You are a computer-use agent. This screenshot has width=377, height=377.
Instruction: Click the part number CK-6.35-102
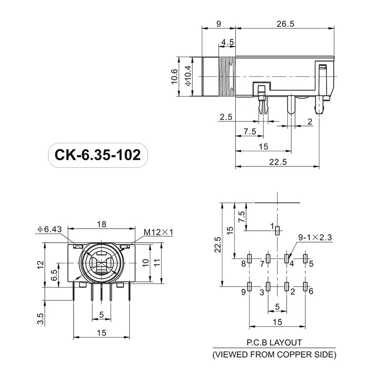(x=98, y=155)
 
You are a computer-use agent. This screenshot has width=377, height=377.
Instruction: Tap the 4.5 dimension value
(x=228, y=42)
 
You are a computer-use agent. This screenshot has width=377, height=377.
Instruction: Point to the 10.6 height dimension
(x=174, y=77)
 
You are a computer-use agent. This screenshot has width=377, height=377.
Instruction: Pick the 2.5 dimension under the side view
(x=226, y=117)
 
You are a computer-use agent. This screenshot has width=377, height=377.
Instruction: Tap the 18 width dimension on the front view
(x=102, y=224)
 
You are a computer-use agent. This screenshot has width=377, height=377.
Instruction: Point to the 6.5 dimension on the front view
(x=55, y=275)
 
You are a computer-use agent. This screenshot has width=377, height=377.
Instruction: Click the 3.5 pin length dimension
(x=41, y=319)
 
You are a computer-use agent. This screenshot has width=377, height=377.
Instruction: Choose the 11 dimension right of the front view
(x=158, y=262)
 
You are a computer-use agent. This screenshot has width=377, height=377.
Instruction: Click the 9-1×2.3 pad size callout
(x=315, y=238)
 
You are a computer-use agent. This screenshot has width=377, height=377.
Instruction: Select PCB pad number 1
(x=278, y=230)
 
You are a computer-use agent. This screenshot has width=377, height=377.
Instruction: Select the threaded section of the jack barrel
(x=228, y=77)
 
